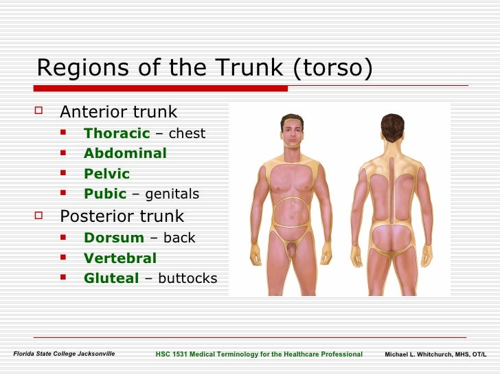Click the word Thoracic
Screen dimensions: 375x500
tap(116, 133)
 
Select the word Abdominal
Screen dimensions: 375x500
tap(125, 153)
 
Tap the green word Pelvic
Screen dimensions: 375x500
tap(106, 174)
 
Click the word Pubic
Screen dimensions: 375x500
tap(105, 194)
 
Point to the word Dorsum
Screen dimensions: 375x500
tap(113, 238)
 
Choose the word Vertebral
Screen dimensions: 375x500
tap(120, 258)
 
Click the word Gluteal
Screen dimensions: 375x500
tap(111, 278)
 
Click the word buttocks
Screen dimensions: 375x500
tap(187, 278)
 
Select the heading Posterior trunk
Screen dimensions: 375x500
tap(122, 216)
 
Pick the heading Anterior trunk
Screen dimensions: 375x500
tap(118, 112)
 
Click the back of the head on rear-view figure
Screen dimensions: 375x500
tap(392, 126)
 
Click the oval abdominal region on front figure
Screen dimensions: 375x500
tap(292, 212)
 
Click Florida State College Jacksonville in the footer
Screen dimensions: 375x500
tap(65, 354)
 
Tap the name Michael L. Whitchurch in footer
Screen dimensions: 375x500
tap(419, 354)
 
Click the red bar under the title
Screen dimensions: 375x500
tap(161, 88)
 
